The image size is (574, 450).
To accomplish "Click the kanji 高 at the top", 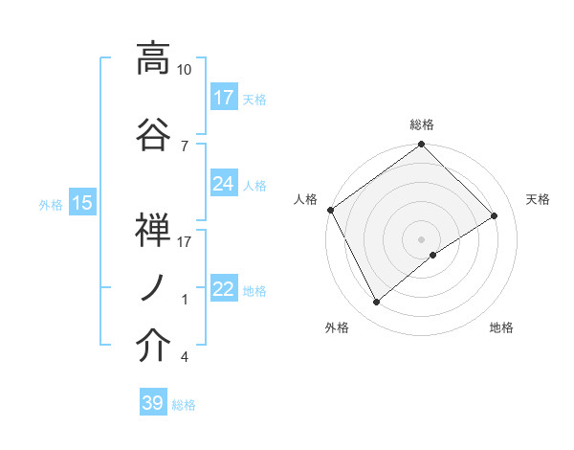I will pos(153,59).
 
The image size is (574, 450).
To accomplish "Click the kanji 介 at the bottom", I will pos(153,347).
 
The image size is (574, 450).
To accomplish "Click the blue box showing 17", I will pos(224,98).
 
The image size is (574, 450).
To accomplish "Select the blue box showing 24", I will pos(224,184).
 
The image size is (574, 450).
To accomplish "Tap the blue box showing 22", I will pos(224,289).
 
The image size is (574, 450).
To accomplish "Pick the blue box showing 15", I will pos(82,203).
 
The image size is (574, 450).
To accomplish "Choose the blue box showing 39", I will pos(153,404).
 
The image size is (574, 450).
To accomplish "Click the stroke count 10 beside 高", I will pos(185,71).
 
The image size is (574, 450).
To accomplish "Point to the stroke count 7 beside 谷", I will pos(185,146).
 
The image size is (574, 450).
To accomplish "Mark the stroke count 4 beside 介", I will pos(185,358).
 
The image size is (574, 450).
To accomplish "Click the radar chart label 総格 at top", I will pos(422,124).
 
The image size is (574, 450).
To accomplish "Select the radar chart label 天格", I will pos(538,199).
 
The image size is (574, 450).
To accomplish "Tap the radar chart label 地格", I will pos(501,327).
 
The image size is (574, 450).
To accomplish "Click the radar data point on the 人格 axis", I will pos(330,210).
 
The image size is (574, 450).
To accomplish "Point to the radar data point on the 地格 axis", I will pos(433,255).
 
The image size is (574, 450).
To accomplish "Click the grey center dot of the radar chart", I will pos(421,238).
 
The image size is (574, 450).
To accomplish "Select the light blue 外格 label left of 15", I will pos(51,204).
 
